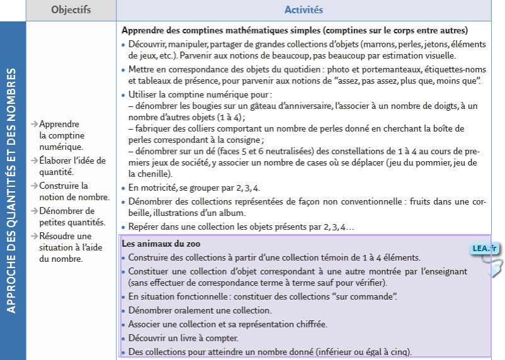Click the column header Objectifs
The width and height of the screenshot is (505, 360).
pyautogui.click(x=71, y=10)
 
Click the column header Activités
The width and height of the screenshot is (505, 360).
pyautogui.click(x=304, y=10)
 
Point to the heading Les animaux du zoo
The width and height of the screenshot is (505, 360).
pyautogui.click(x=161, y=244)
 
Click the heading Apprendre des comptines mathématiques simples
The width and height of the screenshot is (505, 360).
pyautogui.click(x=294, y=30)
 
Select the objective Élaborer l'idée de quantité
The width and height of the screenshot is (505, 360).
pyautogui.click(x=72, y=166)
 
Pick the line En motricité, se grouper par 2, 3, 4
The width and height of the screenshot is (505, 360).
pyautogui.click(x=194, y=188)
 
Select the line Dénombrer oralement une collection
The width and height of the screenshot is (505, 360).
pyautogui.click(x=200, y=310)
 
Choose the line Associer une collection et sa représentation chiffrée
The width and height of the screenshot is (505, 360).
pyautogui.click(x=227, y=324)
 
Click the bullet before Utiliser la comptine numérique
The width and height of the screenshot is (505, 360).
pyautogui.click(x=123, y=95)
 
